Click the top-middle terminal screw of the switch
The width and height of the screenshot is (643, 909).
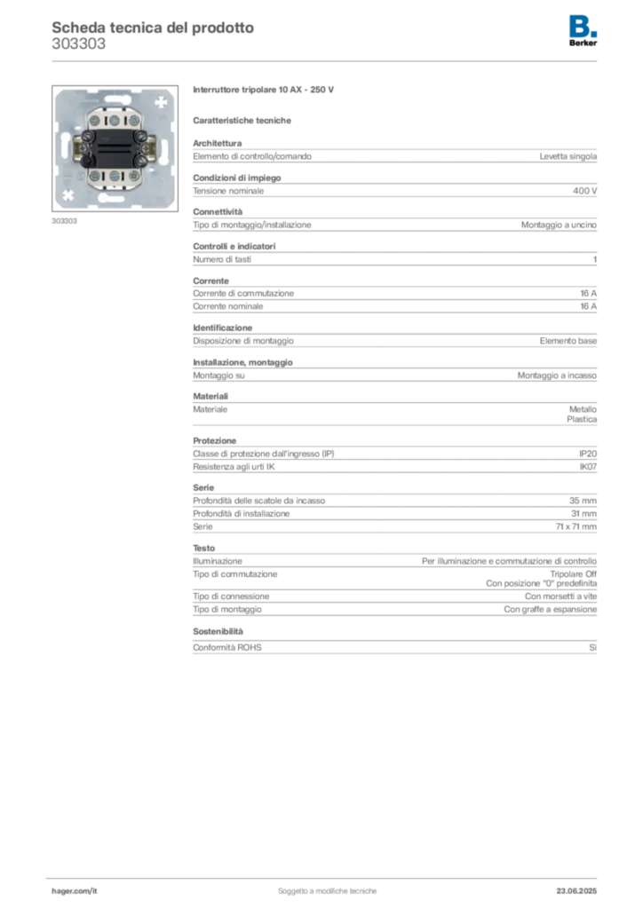coord(114,118)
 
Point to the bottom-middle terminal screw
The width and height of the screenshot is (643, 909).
coord(114,177)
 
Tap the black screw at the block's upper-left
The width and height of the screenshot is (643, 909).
coord(88,135)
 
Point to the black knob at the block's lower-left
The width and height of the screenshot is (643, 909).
coord(87,161)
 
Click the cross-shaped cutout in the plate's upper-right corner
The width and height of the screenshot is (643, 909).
coord(160,102)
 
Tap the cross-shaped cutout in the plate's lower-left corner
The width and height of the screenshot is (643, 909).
coord(67,194)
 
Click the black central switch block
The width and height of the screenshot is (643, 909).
coord(114,147)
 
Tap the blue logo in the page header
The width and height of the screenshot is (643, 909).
coord(584,26)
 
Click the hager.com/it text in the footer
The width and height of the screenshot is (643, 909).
coord(75,889)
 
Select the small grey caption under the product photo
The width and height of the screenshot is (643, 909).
coord(64,220)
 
